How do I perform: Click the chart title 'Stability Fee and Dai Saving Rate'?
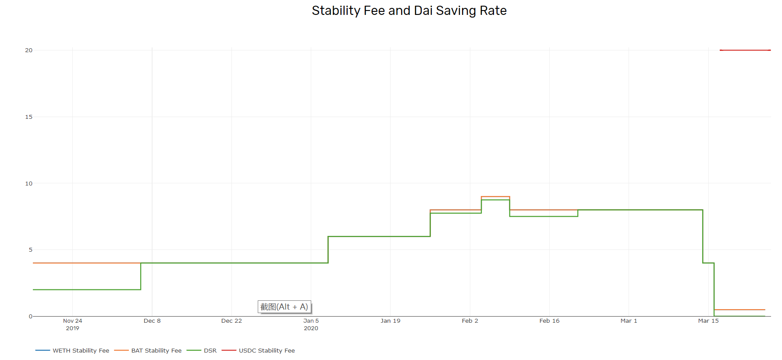[409, 11]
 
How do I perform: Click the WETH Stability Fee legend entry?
[72, 350]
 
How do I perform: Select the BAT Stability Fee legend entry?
[148, 350]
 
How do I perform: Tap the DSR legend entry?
[202, 350]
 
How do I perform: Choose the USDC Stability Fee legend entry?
[258, 350]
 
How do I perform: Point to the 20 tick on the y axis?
[29, 50]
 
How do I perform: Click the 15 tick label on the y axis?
[29, 117]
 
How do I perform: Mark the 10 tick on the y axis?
[29, 184]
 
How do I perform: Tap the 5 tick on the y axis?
[31, 250]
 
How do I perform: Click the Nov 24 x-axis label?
[73, 321]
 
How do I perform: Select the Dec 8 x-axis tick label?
[152, 321]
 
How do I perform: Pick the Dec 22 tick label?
[231, 321]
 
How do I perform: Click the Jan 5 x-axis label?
[311, 321]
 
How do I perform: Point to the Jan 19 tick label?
[391, 321]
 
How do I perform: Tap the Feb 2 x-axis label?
[470, 321]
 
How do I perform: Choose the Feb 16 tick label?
[549, 321]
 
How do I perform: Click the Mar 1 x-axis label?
[629, 321]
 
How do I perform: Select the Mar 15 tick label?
[708, 321]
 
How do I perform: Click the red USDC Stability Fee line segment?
[745, 50]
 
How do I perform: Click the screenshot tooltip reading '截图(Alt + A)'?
[284, 307]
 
